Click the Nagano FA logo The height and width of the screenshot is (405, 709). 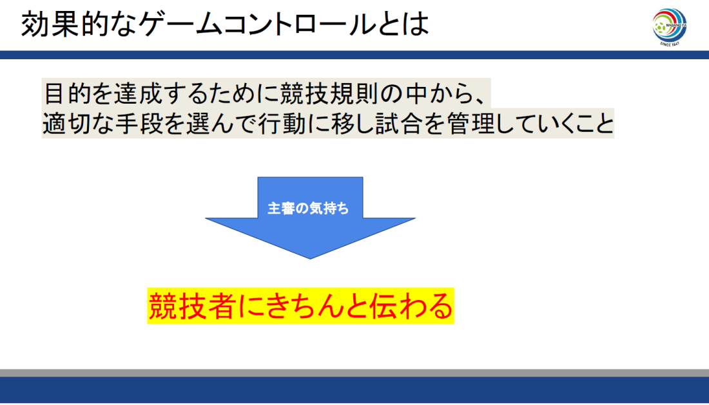coord(670,26)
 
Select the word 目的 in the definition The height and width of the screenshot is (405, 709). coord(67,94)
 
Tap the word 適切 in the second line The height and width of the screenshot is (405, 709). coord(67,123)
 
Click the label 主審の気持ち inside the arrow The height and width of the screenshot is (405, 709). coord(308,208)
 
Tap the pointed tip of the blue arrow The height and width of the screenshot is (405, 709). coord(310,258)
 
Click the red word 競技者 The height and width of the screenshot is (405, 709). coord(192,306)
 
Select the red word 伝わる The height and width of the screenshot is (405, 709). coord(411,306)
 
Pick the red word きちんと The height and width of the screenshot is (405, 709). coord(302,306)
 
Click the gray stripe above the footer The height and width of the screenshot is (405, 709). coord(354,373)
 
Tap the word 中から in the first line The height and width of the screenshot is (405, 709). coord(433,94)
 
